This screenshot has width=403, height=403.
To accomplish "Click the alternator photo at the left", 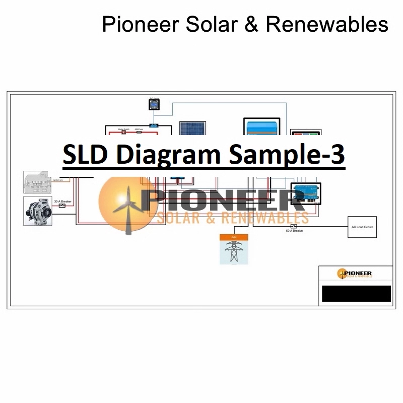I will click(x=38, y=211).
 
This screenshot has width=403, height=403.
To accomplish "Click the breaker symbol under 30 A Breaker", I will click(x=62, y=206).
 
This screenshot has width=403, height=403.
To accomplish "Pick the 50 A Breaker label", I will click(x=294, y=231).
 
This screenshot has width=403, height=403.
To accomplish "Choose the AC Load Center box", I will click(x=362, y=227).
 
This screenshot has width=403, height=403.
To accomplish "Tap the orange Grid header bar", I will click(x=234, y=237).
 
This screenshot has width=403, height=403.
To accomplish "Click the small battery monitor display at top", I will click(x=154, y=104).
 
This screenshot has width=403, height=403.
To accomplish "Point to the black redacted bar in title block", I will click(x=356, y=293).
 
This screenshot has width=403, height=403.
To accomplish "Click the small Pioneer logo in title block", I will click(x=355, y=274).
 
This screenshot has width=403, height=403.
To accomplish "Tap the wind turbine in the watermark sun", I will click(x=126, y=209).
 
